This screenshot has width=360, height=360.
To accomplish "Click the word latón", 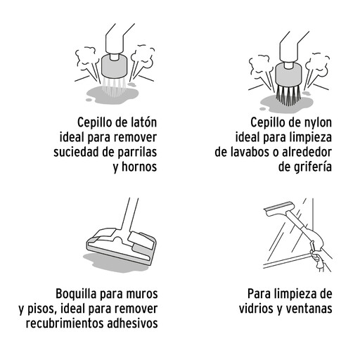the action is [143, 122].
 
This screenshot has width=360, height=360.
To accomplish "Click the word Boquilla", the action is [77, 294].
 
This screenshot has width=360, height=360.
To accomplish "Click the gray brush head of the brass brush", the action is [114, 67].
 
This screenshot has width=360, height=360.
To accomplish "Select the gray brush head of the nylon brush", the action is [288, 75].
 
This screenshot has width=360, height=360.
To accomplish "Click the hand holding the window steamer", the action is [317, 258].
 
